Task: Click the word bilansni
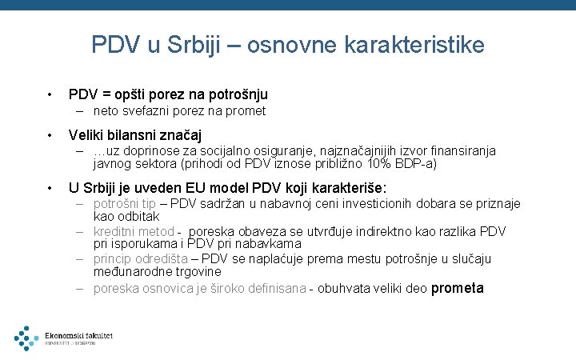coord(137,134)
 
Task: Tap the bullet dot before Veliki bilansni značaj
coord(49,134)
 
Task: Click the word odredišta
coord(162,258)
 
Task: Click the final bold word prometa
coord(458,288)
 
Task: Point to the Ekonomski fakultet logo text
coord(78,336)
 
